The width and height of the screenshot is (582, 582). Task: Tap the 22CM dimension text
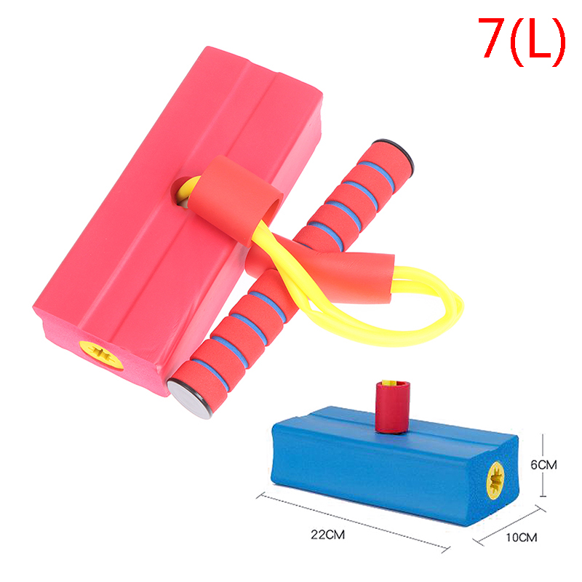pos(328,535)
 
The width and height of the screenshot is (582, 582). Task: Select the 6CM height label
pos(543,465)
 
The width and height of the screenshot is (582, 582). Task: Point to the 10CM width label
pos(522,537)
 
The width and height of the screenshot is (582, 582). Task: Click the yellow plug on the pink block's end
pos(101,355)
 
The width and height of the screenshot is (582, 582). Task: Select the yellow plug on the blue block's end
pos(495,481)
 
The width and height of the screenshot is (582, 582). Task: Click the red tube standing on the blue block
pos(392,407)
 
